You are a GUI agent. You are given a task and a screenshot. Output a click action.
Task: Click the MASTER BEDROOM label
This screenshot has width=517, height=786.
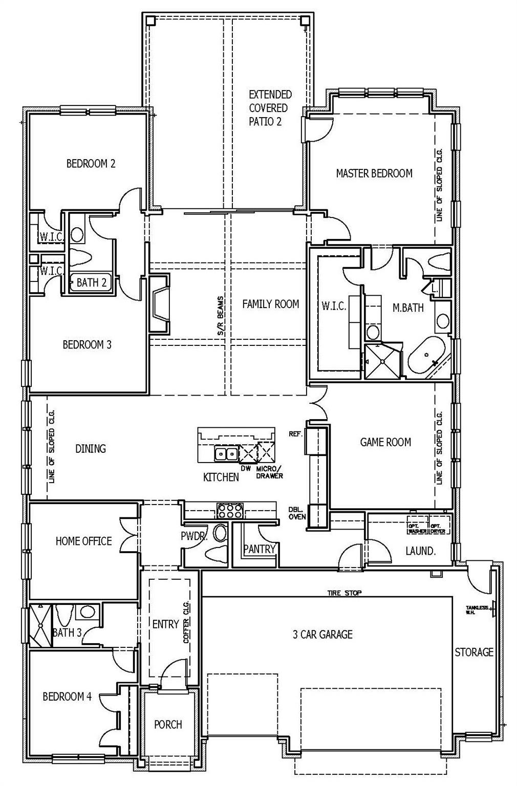click(374, 173)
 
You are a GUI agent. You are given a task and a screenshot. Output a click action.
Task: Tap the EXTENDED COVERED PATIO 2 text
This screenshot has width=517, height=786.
click(270, 108)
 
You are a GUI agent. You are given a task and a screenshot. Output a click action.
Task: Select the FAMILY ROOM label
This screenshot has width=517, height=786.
click(270, 304)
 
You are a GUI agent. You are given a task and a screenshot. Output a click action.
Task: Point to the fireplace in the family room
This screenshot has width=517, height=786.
click(159, 305)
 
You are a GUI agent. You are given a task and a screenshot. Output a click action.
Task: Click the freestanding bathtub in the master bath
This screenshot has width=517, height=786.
click(426, 358)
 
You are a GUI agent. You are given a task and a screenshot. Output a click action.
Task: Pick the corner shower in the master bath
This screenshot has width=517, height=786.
click(382, 361)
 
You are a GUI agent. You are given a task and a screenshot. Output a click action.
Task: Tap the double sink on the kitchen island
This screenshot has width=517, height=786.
click(226, 453)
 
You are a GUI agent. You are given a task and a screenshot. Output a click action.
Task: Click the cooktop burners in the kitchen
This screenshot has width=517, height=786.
click(230, 511)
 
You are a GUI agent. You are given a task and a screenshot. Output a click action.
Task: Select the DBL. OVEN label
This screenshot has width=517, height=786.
click(297, 513)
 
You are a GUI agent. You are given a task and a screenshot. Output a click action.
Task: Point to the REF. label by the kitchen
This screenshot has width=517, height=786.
click(295, 434)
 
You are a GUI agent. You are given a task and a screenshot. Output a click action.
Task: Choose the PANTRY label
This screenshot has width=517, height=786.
click(260, 549)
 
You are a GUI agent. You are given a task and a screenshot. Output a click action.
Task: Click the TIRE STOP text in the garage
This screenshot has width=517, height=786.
click(344, 593)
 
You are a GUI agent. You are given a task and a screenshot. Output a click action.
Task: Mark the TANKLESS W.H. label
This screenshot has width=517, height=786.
click(477, 609)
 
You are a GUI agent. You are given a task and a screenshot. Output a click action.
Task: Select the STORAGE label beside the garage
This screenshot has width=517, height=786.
click(474, 652)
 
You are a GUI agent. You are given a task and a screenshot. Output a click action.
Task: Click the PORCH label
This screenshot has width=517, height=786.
click(168, 725)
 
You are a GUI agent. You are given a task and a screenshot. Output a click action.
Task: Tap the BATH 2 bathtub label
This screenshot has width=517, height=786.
click(91, 282)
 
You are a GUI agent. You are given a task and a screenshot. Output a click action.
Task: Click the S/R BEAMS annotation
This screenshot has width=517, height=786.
click(221, 316)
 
